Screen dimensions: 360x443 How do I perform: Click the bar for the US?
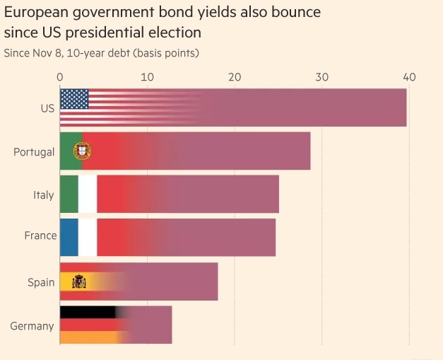tap(233, 108)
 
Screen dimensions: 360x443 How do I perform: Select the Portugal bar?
tap(185, 151)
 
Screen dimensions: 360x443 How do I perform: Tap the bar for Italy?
tap(170, 194)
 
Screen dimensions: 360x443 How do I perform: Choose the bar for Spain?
tap(138, 281)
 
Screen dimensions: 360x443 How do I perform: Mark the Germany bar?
tap(116, 325)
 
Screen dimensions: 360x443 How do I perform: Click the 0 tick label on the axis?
tap(60, 76)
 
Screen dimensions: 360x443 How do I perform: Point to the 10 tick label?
tap(147, 76)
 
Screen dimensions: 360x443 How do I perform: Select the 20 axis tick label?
tap(235, 76)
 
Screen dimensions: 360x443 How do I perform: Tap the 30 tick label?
tap(322, 76)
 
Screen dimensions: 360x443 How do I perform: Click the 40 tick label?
tap(409, 76)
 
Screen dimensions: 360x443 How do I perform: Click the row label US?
tap(48, 108)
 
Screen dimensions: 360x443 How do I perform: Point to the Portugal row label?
tap(34, 152)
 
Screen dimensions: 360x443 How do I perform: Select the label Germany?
tap(33, 326)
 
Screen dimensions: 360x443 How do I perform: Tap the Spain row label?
tap(41, 282)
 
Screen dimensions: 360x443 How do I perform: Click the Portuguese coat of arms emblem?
tap(83, 151)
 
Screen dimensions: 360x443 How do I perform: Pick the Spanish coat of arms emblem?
tap(78, 282)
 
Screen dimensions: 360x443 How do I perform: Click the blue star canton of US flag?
tap(74, 99)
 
